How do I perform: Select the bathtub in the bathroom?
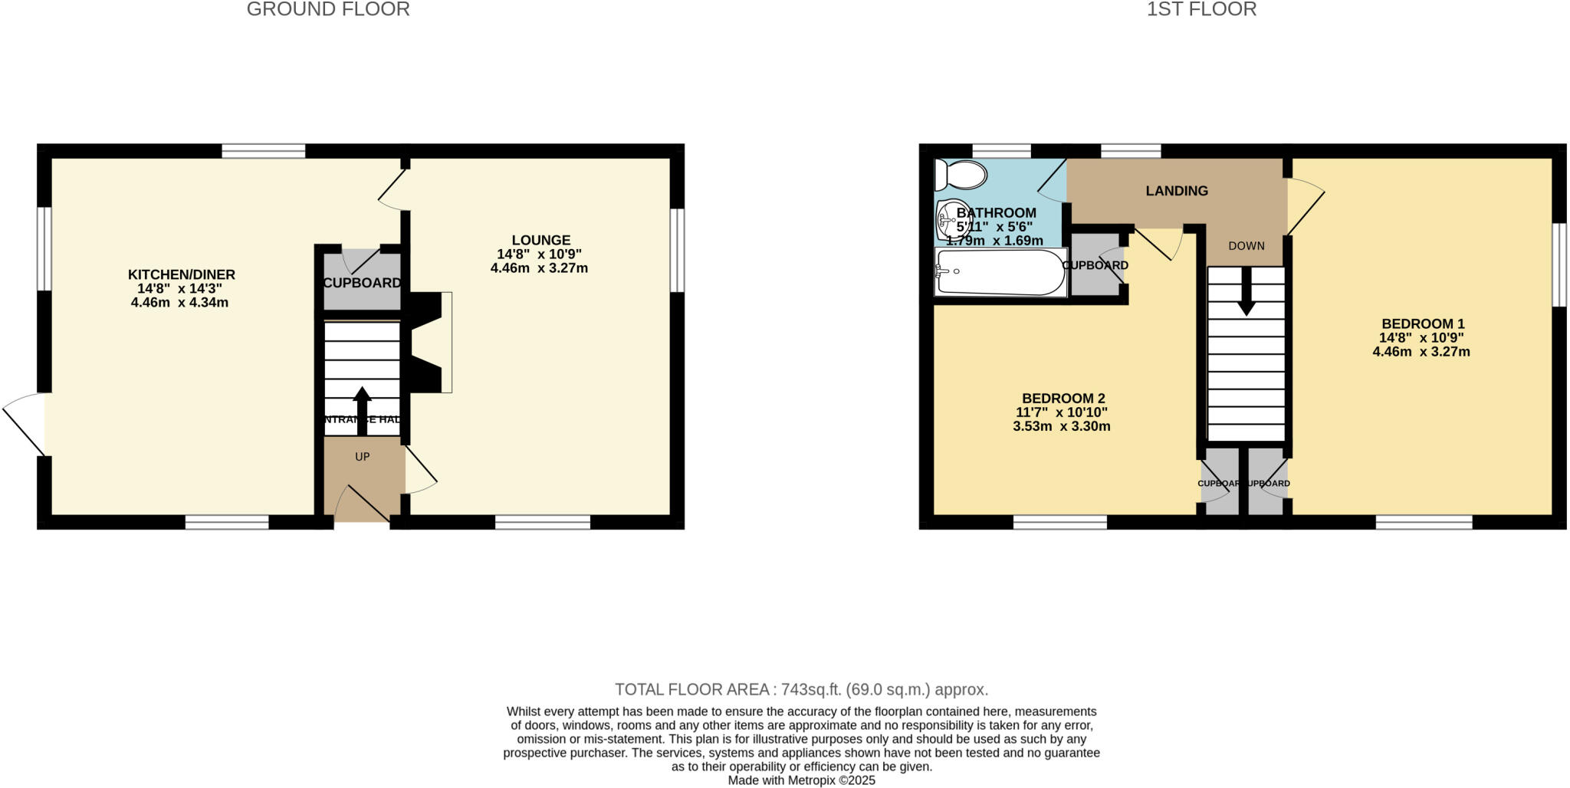pyautogui.click(x=1000, y=272)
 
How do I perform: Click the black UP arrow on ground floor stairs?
pyautogui.click(x=362, y=410)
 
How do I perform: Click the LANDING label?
pyautogui.click(x=1177, y=191)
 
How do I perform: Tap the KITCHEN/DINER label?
pyautogui.click(x=181, y=274)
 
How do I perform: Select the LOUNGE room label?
pyautogui.click(x=541, y=240)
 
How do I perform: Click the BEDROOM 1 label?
pyautogui.click(x=1423, y=323)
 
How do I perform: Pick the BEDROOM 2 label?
pyautogui.click(x=1063, y=399)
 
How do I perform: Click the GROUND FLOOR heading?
pyautogui.click(x=328, y=9)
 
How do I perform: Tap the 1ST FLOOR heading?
pyautogui.click(x=1201, y=9)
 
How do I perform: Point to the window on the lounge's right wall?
pyautogui.click(x=677, y=250)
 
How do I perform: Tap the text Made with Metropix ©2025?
pyautogui.click(x=801, y=780)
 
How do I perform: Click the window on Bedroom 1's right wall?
pyautogui.click(x=1559, y=264)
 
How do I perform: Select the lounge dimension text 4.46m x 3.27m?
pyautogui.click(x=539, y=268)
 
